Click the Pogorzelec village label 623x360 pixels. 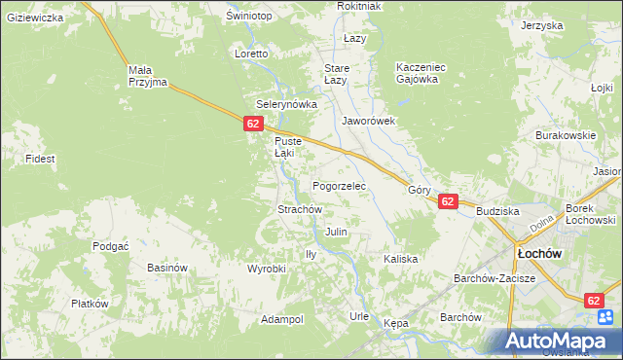[338, 185]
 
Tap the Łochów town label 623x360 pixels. [536, 253]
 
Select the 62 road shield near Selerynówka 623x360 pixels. [253, 124]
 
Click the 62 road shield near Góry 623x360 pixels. [448, 201]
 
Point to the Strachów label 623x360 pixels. [300, 209]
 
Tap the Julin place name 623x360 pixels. [336, 233]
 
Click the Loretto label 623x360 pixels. [251, 54]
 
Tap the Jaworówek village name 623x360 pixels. [368, 122]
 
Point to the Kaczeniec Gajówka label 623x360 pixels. [421, 73]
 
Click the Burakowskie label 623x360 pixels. [565, 135]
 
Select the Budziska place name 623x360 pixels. [497, 210]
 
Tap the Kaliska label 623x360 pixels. [400, 259]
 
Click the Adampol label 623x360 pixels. [282, 319]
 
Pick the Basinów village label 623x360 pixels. [166, 268]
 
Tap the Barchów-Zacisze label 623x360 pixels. [495, 278]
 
